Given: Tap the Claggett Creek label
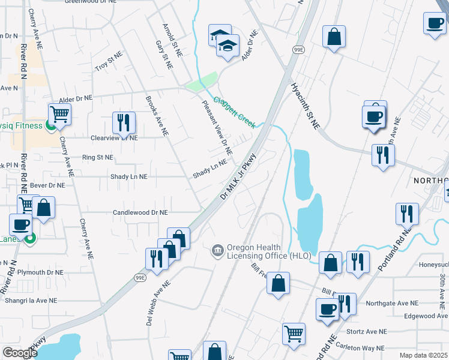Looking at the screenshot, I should pyautogui.click(x=235, y=112).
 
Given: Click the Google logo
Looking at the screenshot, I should pyautogui.click(x=20, y=353).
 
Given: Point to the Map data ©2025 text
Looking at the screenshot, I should pyautogui.click(x=423, y=355).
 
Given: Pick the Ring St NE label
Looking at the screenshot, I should pyautogui.click(x=98, y=157).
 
